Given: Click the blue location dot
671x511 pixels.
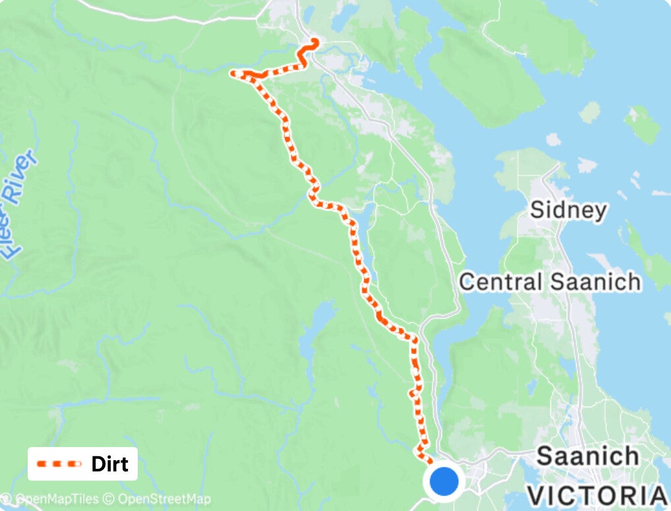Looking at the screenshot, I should coord(444,481).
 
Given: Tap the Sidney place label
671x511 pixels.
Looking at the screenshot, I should coord(568,210).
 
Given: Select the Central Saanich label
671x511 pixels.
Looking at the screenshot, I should coord(550,282).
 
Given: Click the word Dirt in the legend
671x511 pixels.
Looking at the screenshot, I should coord(109,464).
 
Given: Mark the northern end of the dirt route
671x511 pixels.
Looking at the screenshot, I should coord(314,42).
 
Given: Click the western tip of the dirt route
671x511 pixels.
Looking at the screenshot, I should coord(233,73).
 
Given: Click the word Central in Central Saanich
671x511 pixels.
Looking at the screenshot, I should coord(500,282).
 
